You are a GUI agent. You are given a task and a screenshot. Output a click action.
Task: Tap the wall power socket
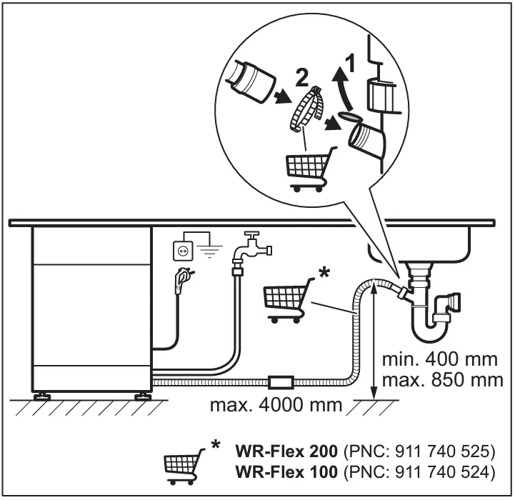[184, 250]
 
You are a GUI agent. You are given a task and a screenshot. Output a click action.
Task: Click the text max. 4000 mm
[274, 406]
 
